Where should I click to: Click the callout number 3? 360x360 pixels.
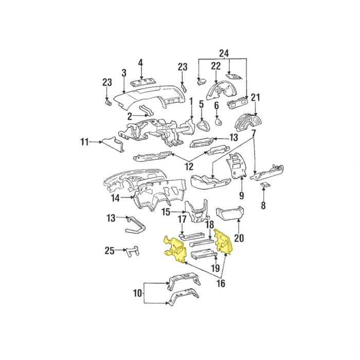click(x=124, y=73)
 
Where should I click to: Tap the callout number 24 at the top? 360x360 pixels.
click(x=223, y=52)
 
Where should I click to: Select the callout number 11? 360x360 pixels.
click(x=84, y=141)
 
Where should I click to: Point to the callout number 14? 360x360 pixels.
click(x=116, y=197)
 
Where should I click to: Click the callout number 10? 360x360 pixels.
click(x=137, y=293)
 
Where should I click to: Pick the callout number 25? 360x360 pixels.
click(x=109, y=250)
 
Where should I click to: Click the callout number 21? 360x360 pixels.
click(x=256, y=97)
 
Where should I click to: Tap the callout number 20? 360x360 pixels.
click(x=239, y=238)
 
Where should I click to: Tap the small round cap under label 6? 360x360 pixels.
click(x=217, y=122)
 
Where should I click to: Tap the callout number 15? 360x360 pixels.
click(x=166, y=212)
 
